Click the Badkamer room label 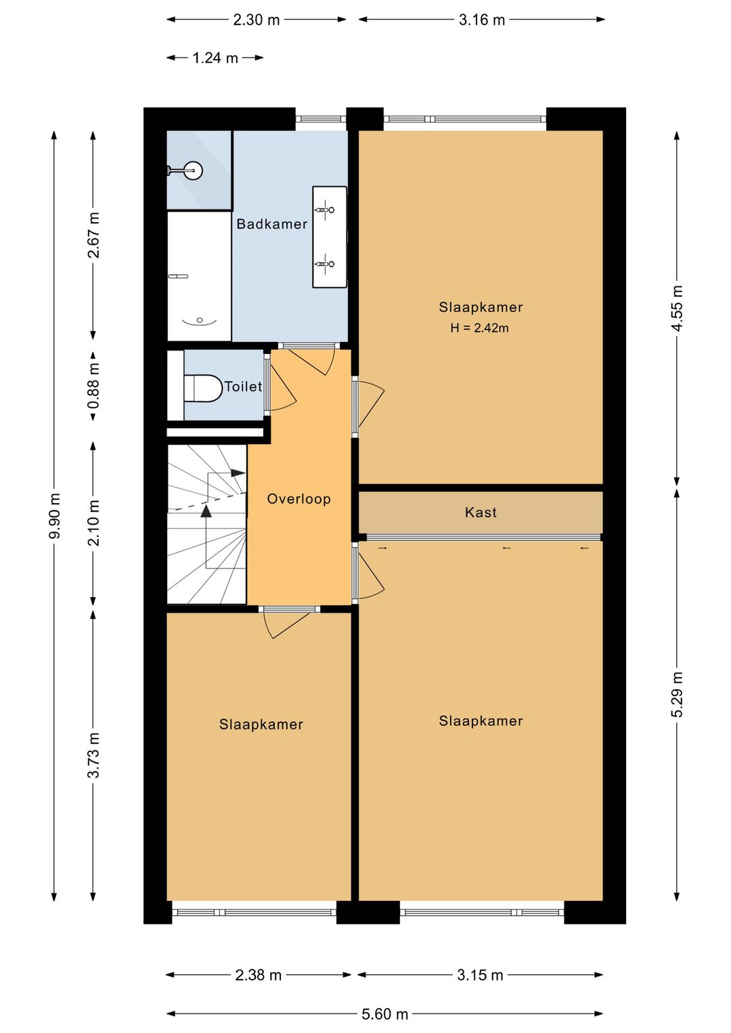[x=271, y=224]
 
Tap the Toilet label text [x=243, y=387]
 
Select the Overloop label [x=299, y=499]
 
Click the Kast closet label [x=481, y=512]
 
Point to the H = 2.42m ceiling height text [x=480, y=328]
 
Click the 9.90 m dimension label [x=55, y=516]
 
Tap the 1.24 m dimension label [x=215, y=58]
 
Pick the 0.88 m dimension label [x=93, y=387]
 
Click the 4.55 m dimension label [x=677, y=308]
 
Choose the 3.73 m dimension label [x=93, y=755]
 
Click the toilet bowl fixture [x=203, y=388]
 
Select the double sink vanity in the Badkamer [x=330, y=237]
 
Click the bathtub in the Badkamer [x=199, y=276]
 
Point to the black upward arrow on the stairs [x=206, y=510]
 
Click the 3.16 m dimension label [x=481, y=20]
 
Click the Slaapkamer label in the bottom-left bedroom [x=261, y=724]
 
